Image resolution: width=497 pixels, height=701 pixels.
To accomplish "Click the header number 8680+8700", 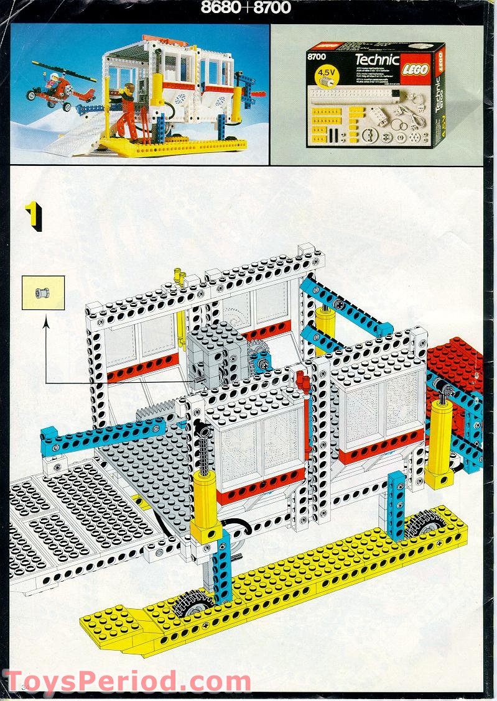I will (x=246, y=8).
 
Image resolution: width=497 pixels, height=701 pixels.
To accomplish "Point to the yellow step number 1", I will (x=32, y=216).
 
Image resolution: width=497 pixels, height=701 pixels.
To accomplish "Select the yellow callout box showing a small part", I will (x=43, y=293).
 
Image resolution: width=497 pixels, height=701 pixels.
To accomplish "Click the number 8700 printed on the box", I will (x=317, y=57).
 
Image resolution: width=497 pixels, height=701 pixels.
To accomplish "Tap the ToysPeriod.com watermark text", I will (x=127, y=681).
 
